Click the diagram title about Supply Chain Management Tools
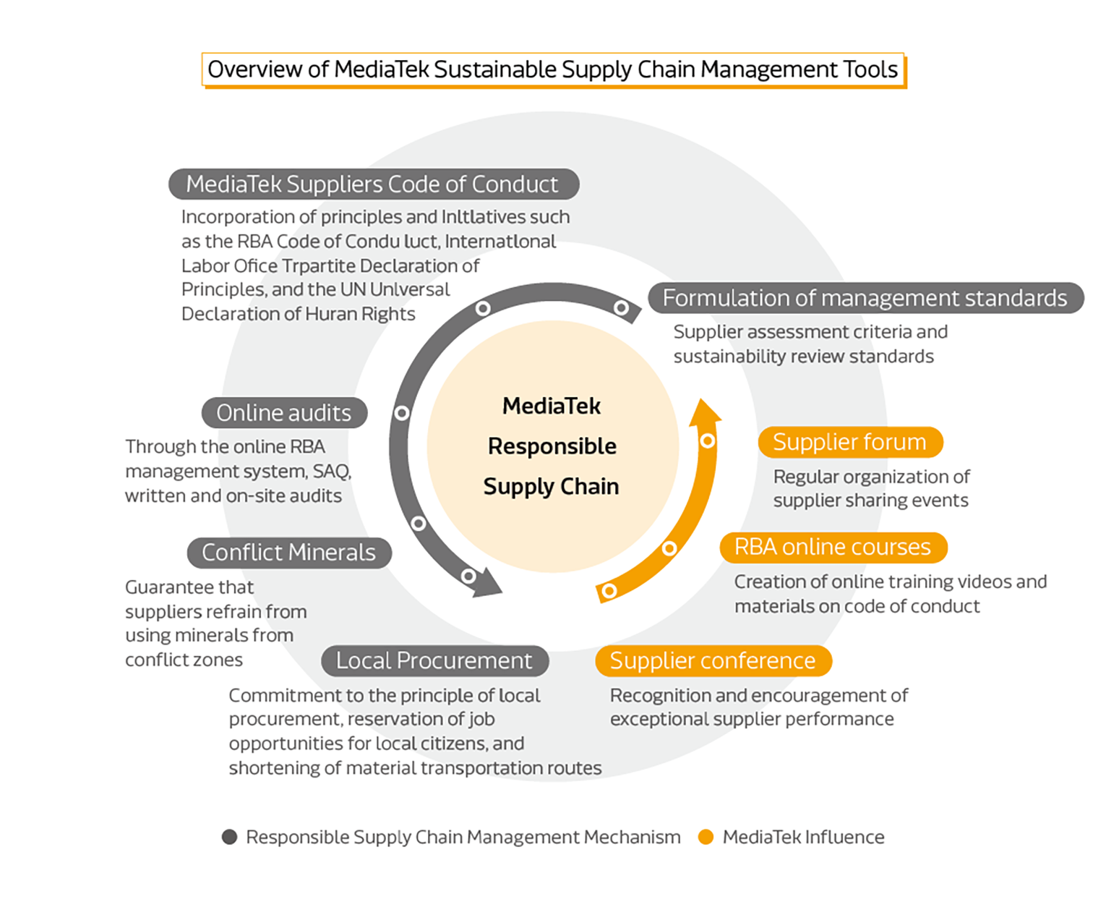click(552, 69)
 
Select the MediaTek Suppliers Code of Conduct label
click(373, 184)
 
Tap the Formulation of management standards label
click(865, 298)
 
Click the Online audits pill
click(284, 413)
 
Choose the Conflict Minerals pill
click(288, 553)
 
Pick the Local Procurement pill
click(434, 661)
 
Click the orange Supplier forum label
click(849, 442)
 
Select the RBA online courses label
click(832, 548)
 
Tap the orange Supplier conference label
click(713, 661)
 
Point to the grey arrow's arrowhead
click(489, 584)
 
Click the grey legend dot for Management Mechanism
click(230, 837)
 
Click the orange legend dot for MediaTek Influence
click(706, 837)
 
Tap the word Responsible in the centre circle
click(552, 446)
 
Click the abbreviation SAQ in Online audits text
click(331, 472)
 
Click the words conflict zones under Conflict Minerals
click(184, 660)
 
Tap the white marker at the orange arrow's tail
click(609, 591)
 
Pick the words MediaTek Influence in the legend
click(803, 837)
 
